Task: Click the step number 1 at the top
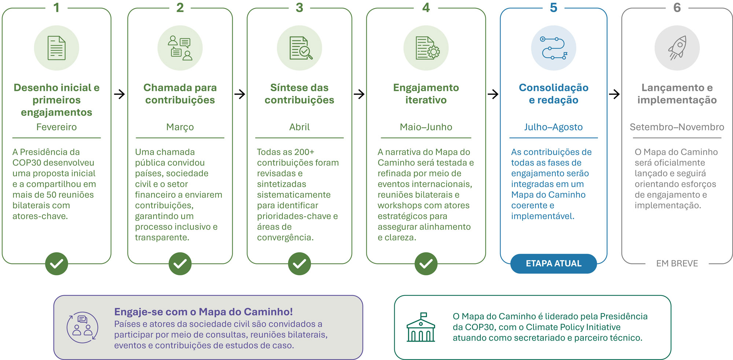[x=56, y=8]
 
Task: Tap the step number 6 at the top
[x=677, y=8]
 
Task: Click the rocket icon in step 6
[x=677, y=48]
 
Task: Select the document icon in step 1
[x=56, y=48]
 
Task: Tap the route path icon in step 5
[x=553, y=48]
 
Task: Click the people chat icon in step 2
[x=180, y=48]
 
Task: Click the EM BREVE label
[x=677, y=263]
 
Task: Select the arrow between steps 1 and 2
[x=119, y=94]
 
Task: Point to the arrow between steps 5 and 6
[x=614, y=94]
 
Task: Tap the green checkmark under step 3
[x=299, y=264]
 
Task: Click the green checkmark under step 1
[x=56, y=264]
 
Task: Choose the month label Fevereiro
[x=56, y=127]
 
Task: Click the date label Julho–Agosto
[x=553, y=127]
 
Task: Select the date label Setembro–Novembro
[x=677, y=127]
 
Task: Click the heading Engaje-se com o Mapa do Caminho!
[x=203, y=312]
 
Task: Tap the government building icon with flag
[x=421, y=327]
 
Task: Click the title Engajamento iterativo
[x=426, y=93]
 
